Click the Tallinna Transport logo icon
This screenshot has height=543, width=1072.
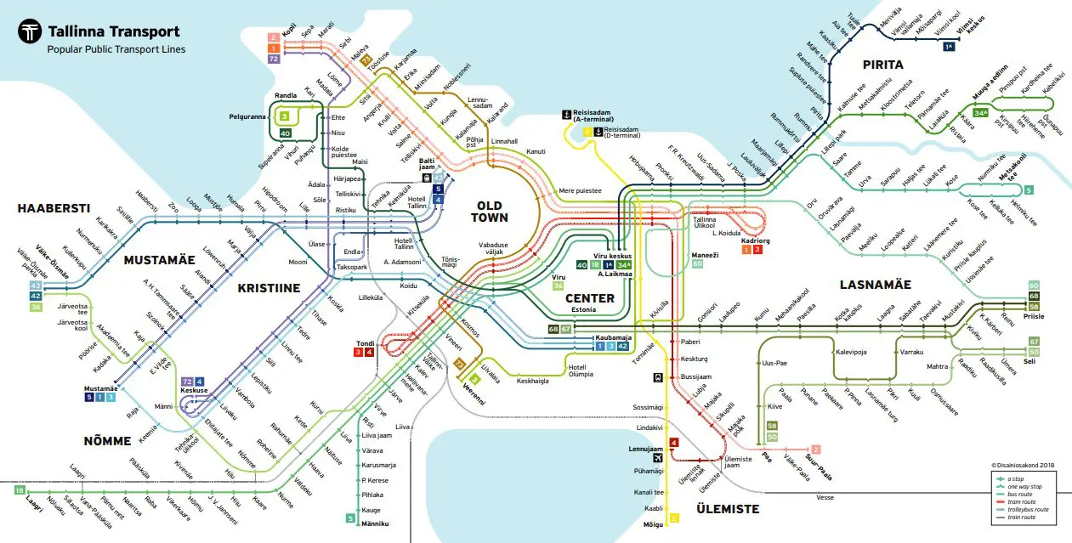point(31,32)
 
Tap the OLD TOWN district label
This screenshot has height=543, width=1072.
point(490,212)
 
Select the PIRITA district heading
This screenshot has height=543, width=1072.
point(882,65)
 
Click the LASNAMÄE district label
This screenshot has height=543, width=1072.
point(875,285)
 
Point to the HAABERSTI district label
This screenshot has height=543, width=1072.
point(54,208)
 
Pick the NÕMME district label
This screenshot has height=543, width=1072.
point(107,440)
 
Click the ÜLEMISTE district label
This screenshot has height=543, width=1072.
point(728,509)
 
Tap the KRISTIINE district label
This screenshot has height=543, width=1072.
point(269,288)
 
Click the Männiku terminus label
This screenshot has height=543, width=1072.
point(374,523)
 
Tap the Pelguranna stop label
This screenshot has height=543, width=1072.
point(247,116)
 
